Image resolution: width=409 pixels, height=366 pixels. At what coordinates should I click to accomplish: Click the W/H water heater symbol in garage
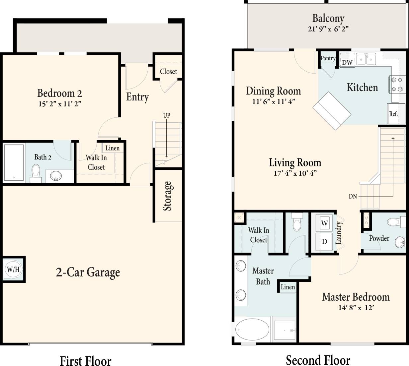pos(13,269)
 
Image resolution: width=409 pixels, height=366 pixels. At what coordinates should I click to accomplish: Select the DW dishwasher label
pos(347,62)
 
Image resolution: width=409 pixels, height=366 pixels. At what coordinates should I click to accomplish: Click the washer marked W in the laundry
pos(325,223)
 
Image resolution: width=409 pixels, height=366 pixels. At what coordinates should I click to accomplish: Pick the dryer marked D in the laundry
pos(325,242)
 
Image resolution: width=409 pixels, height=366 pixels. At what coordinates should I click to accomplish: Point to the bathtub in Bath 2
pos(14,162)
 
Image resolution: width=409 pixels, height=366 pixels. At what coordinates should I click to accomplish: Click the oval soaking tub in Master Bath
pos(252,330)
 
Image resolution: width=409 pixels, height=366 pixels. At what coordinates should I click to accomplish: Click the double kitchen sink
pos(366,59)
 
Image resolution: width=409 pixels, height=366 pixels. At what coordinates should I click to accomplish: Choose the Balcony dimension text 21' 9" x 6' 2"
pos(328,29)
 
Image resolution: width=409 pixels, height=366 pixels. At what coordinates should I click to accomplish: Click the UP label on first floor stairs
pos(167,115)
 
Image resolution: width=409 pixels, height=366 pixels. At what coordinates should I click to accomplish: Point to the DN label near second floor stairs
pos(353,196)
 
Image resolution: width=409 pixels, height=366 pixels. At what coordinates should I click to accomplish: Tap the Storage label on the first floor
pos(168,196)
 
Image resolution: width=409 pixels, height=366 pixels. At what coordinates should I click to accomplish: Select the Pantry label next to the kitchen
pos(328,58)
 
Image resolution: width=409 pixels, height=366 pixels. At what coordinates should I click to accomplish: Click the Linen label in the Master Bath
pos(288,287)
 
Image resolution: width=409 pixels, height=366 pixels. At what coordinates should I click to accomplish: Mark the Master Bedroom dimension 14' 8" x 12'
pos(356,308)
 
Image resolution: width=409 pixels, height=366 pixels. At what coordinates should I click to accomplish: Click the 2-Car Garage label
pos(88,272)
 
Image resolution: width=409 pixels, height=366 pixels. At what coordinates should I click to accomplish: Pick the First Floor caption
pos(86,360)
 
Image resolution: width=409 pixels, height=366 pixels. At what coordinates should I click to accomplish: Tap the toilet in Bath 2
pos(36,172)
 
